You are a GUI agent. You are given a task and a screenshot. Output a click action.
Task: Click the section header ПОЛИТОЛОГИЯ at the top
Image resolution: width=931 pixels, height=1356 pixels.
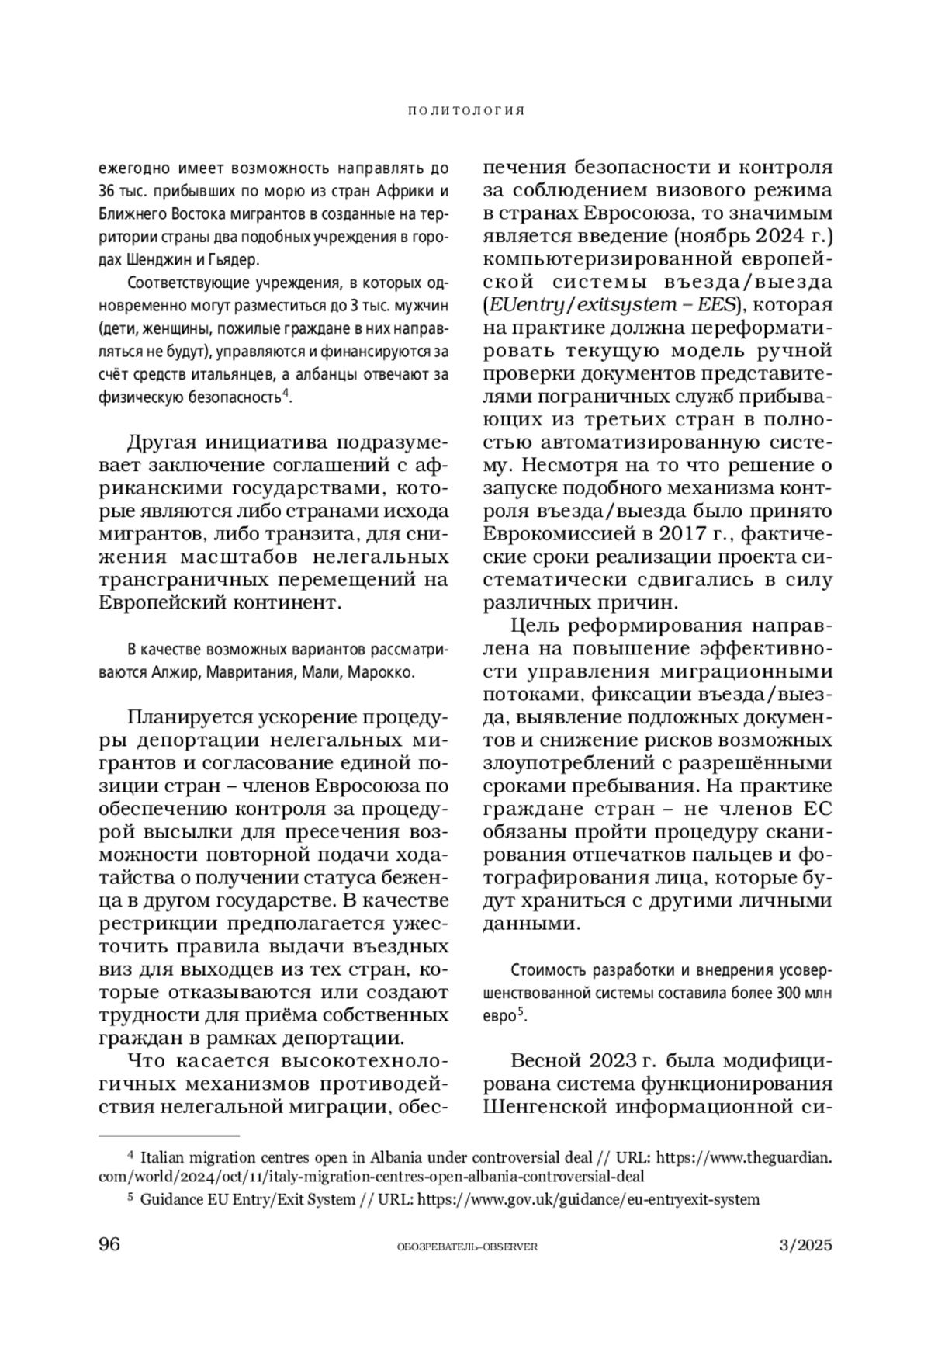466,111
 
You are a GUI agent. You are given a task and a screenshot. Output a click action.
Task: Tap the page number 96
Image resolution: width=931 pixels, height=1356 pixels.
109,1244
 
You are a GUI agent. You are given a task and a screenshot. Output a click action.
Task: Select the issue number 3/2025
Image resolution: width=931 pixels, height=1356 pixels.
805,1245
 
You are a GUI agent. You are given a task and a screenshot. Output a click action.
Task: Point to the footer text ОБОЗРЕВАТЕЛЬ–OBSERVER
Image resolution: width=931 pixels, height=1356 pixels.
466,1247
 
